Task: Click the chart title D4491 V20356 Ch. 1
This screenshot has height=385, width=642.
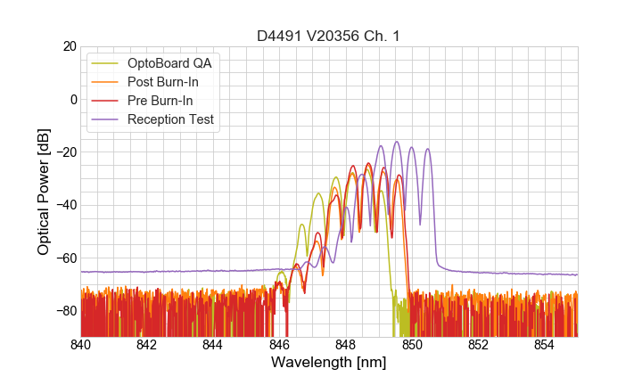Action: click(329, 36)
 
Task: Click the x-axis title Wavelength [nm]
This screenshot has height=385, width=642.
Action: click(329, 364)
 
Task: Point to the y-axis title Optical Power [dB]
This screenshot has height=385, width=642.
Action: click(44, 192)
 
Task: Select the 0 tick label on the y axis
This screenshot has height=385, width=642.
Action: click(73, 99)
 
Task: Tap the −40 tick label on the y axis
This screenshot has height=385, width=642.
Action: click(65, 205)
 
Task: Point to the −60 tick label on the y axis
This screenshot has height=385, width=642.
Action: click(65, 258)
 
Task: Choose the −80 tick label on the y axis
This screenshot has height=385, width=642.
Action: click(65, 311)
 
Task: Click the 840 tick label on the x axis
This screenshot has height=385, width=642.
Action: click(81, 344)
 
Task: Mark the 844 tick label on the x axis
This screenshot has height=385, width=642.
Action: click(213, 344)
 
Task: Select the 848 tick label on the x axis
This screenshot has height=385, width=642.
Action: click(346, 344)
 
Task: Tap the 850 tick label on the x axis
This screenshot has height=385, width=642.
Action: click(412, 344)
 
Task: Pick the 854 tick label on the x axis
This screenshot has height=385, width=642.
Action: click(544, 344)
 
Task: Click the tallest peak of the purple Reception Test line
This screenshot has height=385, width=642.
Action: click(396, 142)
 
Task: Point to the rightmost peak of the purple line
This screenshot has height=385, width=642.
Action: click(428, 149)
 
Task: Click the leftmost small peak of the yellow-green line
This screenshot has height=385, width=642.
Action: click(302, 225)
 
